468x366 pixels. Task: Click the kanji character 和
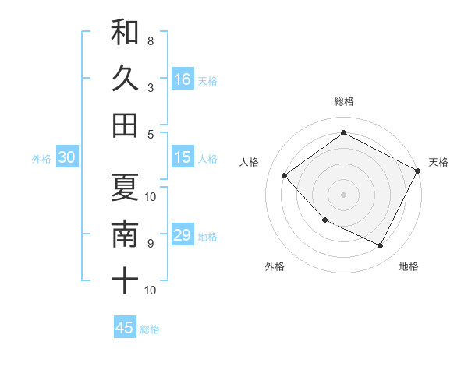[125, 33]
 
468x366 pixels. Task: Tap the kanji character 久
[125, 79]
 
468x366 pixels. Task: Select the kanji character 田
[125, 125]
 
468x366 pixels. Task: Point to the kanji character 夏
[125, 188]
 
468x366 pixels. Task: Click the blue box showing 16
[183, 79]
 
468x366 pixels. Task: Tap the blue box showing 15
[183, 157]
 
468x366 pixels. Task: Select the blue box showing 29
[183, 235]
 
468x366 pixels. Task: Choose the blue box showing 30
[66, 157]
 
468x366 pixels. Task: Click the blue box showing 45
[125, 328]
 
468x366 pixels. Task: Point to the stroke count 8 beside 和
[150, 40]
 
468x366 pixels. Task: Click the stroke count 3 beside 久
[150, 86]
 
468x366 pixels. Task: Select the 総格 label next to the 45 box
[150, 329]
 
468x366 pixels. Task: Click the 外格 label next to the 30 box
[41, 159]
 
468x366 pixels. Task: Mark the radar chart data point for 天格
[418, 171]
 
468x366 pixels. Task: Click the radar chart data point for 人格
[285, 175]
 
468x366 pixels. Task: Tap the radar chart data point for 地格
[381, 246]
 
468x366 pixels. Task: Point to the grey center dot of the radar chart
[343, 194]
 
